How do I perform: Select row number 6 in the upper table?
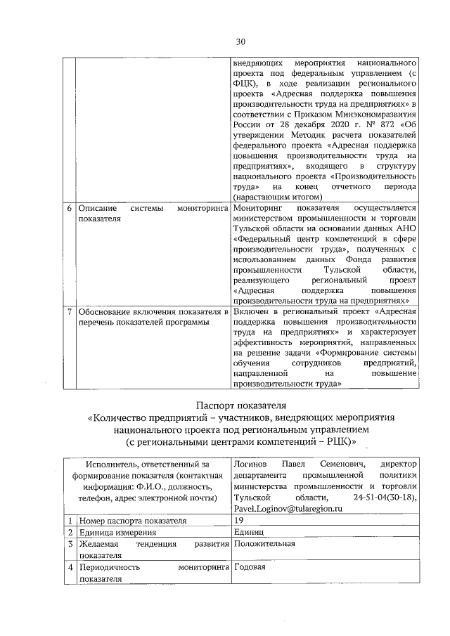coord(69,209)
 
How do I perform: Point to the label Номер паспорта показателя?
coord(132,521)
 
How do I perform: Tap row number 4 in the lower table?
coord(69,567)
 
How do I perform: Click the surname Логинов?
coord(250,464)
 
